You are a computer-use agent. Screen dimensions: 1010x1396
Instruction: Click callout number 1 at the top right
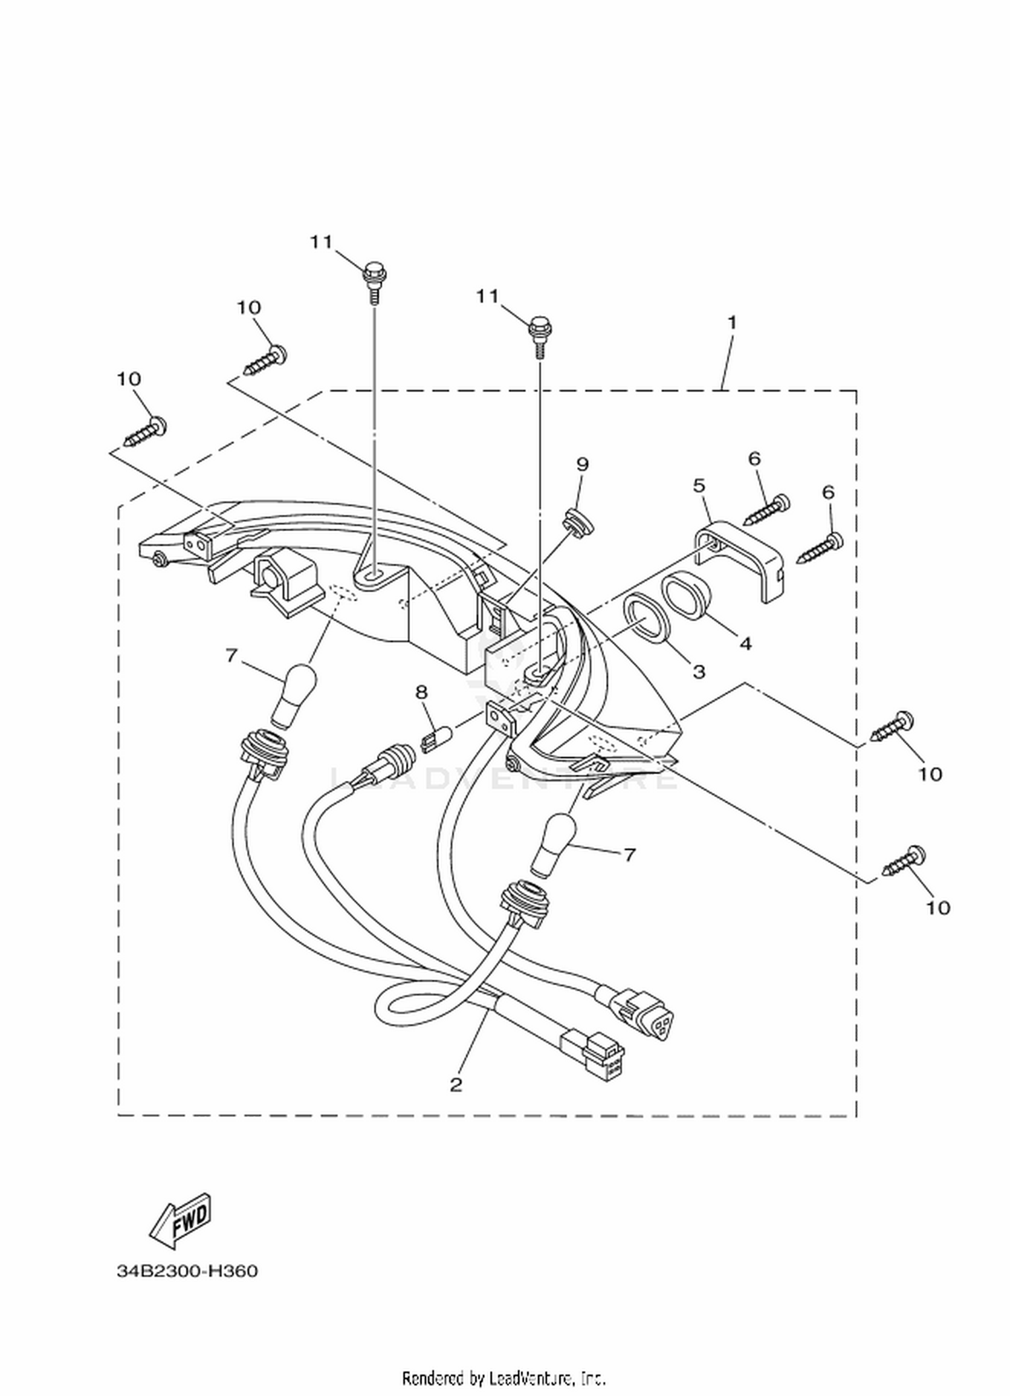(732, 323)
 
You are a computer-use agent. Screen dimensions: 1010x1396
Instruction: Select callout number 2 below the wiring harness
(456, 1084)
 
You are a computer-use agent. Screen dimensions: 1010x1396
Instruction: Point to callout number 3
(699, 671)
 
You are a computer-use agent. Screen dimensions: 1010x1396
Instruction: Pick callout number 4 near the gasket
(745, 643)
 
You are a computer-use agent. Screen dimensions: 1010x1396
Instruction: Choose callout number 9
(582, 464)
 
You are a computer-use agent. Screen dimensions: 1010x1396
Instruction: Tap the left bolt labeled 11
(372, 283)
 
